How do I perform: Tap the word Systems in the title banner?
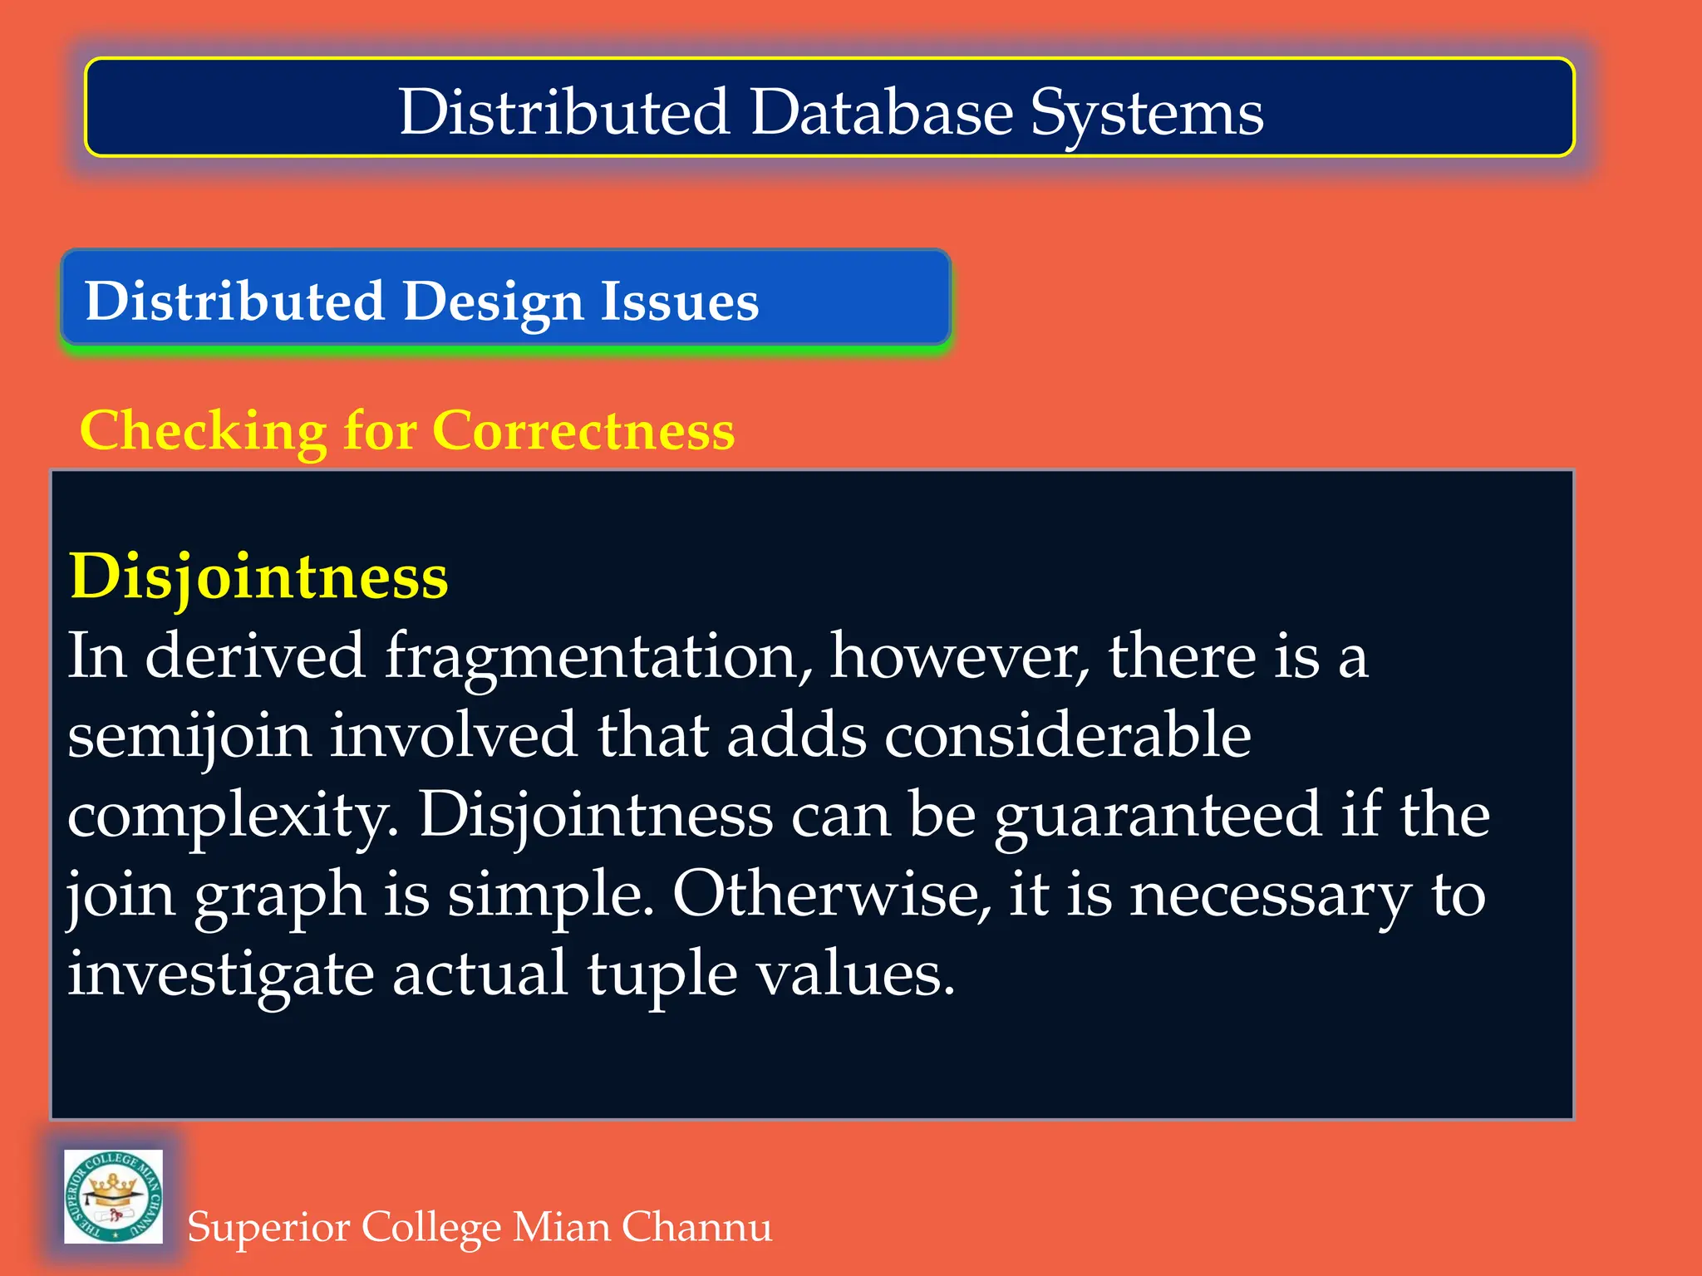[1147, 115]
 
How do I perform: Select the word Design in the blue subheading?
[494, 302]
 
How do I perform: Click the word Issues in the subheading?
[680, 301]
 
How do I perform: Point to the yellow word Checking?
[204, 432]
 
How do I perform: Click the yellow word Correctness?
[583, 430]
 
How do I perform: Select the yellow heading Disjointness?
[259, 577]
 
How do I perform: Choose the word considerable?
[1067, 734]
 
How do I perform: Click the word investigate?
[221, 975]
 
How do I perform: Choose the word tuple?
[662, 975]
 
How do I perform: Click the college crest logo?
[114, 1196]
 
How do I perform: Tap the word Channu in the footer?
[696, 1227]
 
